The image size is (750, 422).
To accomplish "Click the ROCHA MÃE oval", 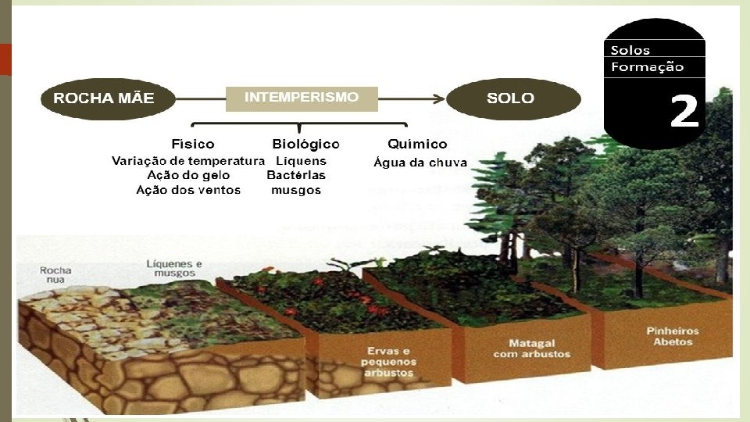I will click(104, 99).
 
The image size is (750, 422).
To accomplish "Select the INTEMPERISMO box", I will click(302, 98).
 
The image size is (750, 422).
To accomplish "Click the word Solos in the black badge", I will click(630, 51).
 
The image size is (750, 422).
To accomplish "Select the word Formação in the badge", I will click(647, 67).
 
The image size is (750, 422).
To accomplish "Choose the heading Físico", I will click(192, 145).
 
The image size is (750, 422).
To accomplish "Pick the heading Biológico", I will click(305, 145).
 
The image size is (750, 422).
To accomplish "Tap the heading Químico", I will click(417, 145).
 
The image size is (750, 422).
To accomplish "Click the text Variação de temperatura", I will click(188, 162).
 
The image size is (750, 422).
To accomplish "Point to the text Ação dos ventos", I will click(188, 190).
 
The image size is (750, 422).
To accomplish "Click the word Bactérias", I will click(296, 176).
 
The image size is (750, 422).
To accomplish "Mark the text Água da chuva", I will click(420, 163).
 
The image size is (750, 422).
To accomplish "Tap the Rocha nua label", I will click(55, 275).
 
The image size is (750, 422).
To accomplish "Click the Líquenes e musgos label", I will click(174, 268).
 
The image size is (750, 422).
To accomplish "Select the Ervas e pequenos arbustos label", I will click(389, 362).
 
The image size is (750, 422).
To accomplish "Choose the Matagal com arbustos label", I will click(531, 349).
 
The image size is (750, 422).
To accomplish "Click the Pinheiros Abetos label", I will click(673, 337).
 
